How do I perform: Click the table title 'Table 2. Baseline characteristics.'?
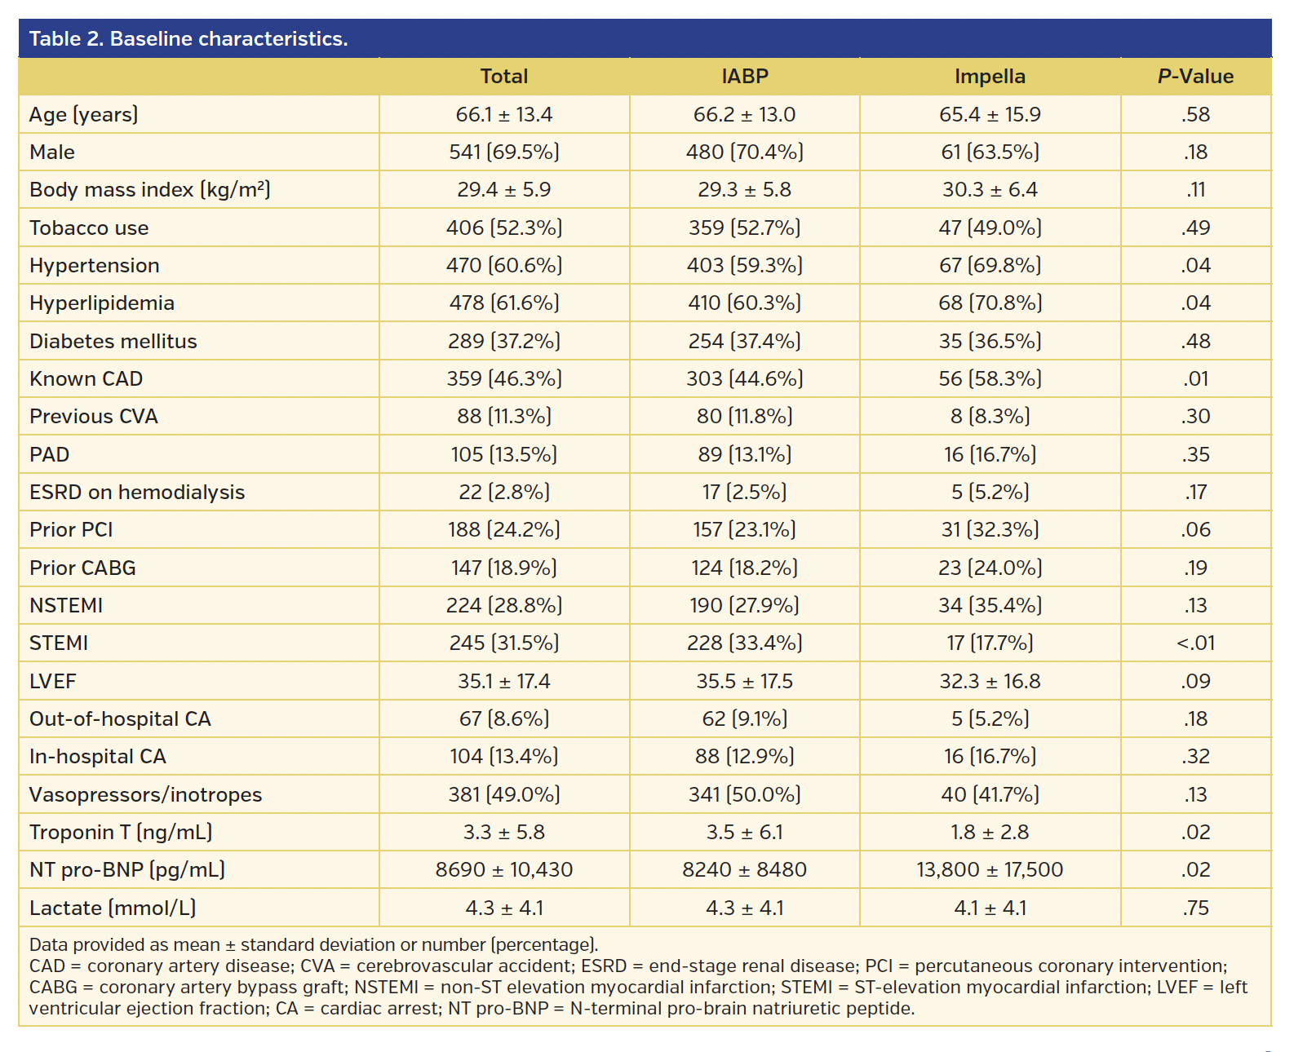click(x=188, y=39)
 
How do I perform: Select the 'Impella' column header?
click(x=990, y=77)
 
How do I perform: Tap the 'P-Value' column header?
click(x=1195, y=77)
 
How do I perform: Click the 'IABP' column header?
click(x=744, y=77)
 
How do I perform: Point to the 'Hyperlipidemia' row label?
click(x=102, y=303)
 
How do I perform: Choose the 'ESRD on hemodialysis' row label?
click(x=137, y=493)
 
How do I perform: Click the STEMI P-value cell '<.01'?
click(x=1195, y=643)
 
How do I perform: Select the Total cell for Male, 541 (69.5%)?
click(x=504, y=152)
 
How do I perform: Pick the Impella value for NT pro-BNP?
click(x=990, y=870)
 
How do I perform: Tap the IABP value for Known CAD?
click(x=744, y=379)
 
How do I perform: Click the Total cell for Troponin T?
click(x=504, y=833)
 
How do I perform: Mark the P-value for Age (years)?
click(x=1195, y=115)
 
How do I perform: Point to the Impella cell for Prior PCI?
click(x=990, y=530)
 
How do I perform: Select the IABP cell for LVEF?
click(x=744, y=682)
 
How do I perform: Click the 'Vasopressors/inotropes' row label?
click(x=146, y=795)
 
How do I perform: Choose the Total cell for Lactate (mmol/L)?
click(x=504, y=908)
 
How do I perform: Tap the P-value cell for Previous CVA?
click(x=1195, y=417)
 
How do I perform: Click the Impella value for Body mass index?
click(x=990, y=190)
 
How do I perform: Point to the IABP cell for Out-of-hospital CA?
click(x=744, y=719)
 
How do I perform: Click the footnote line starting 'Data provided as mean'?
click(x=313, y=945)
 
